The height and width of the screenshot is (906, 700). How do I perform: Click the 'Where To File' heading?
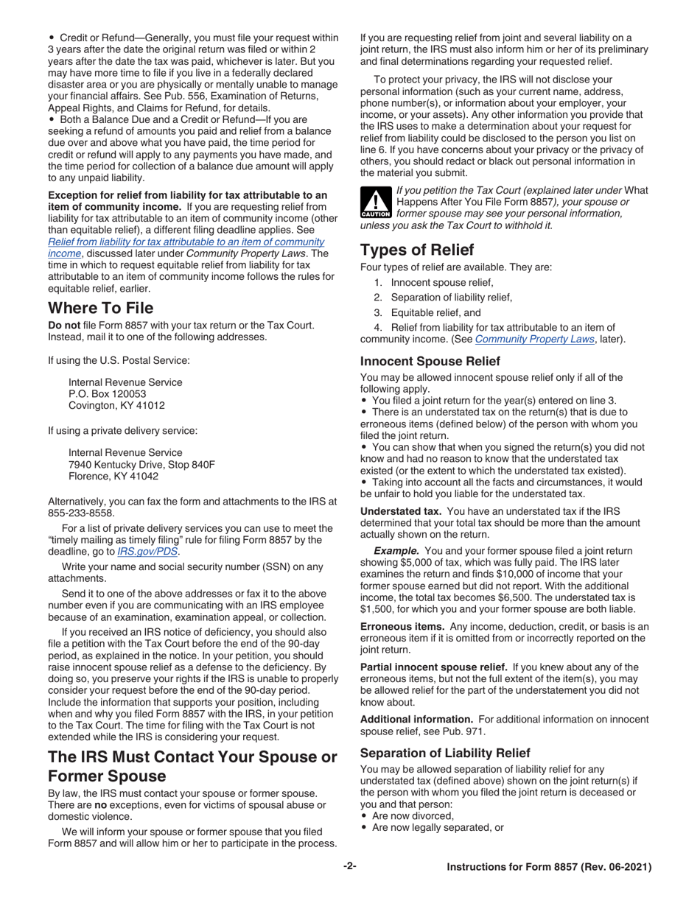click(101, 307)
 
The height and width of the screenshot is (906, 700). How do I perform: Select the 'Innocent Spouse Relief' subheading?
click(430, 362)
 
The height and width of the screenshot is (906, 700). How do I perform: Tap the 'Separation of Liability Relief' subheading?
click(444, 753)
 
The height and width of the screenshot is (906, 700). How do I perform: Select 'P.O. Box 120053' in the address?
click(108, 394)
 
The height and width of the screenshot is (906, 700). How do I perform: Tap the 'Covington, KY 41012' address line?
click(116, 406)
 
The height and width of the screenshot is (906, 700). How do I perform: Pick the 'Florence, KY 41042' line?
click(113, 476)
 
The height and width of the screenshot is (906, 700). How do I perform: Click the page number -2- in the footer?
click(349, 867)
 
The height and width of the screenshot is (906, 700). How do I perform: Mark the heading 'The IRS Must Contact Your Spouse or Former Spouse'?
click(192, 766)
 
